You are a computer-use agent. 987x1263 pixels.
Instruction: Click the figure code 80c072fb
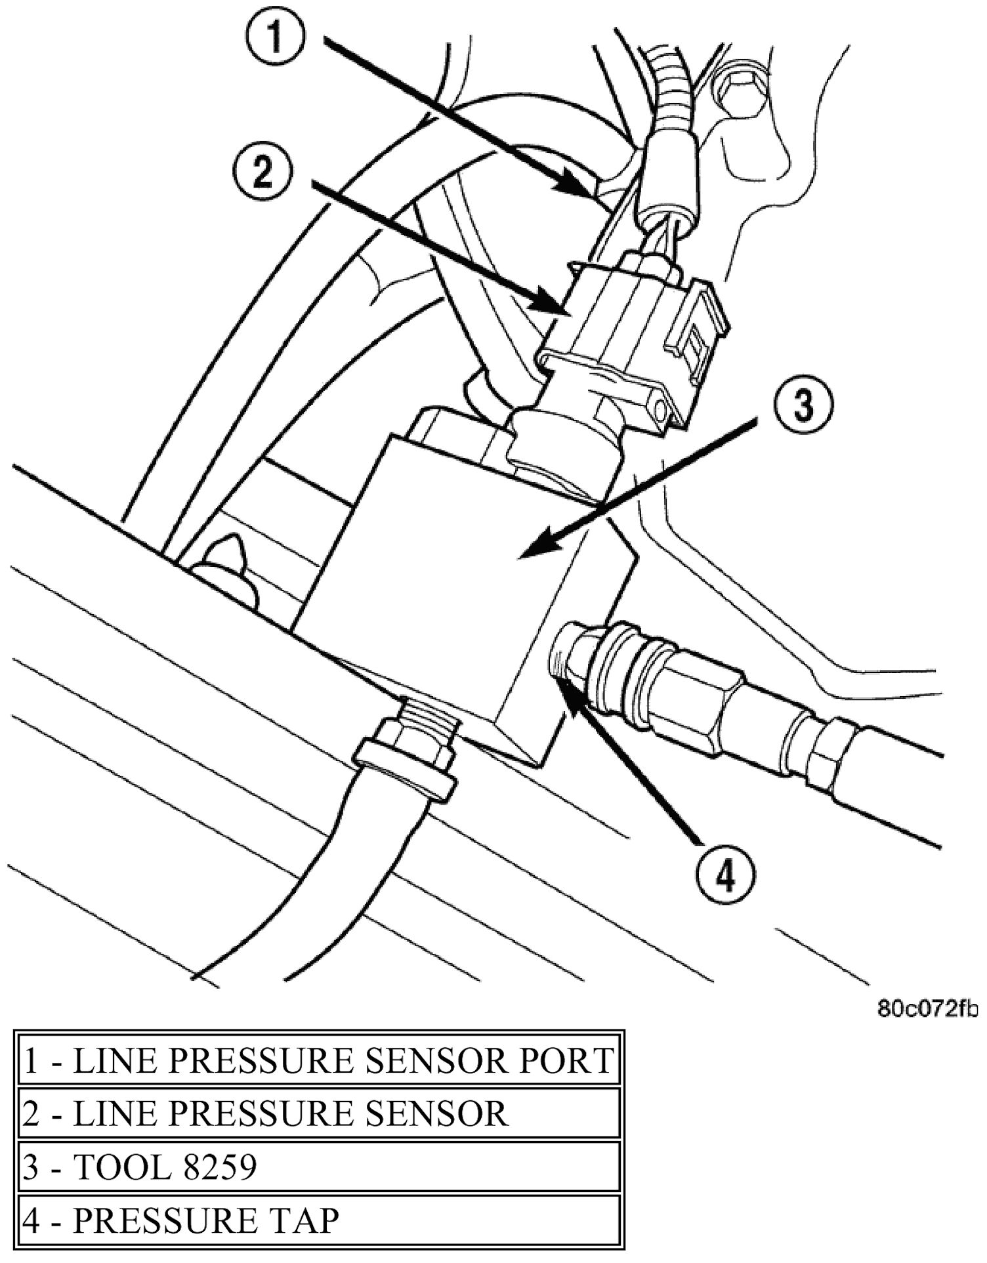927,1008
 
